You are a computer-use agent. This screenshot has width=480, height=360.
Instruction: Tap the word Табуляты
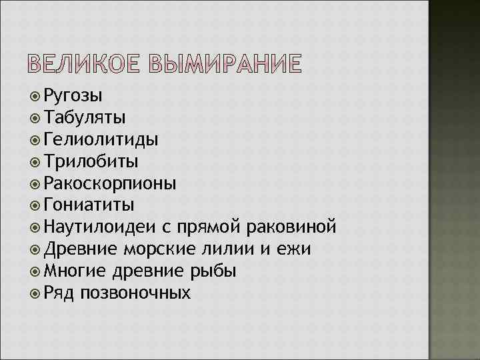coord(83,118)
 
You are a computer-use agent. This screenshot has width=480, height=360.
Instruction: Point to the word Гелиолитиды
coord(101,139)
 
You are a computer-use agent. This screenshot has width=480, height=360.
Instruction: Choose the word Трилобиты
coord(92,161)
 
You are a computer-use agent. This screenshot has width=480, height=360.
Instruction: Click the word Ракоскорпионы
coord(111,183)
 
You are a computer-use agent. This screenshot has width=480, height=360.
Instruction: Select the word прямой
coord(211,228)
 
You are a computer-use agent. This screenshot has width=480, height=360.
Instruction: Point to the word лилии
coord(235,249)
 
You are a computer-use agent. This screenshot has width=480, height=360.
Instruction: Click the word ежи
coord(297,249)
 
